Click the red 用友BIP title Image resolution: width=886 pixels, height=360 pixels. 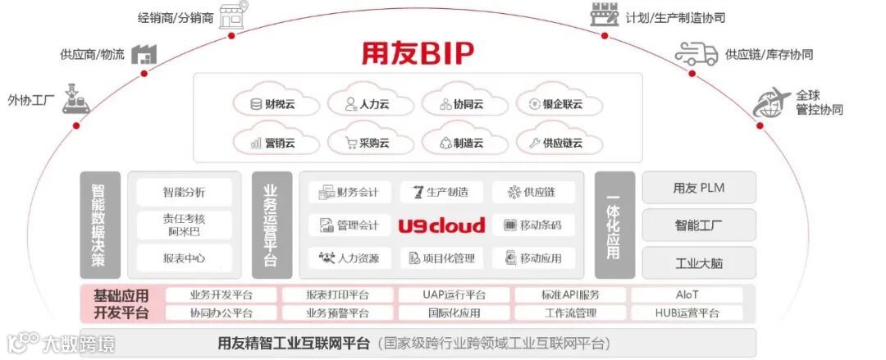coord(418,53)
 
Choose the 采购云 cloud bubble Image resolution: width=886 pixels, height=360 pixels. coord(368,143)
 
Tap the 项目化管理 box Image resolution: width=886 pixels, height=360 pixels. coord(441,258)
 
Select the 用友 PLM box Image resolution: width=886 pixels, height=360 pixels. coord(698,188)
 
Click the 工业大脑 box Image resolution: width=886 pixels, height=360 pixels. coord(698,263)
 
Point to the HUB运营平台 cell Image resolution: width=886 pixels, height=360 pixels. coord(687,313)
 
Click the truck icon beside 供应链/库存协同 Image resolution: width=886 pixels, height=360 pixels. coord(696,54)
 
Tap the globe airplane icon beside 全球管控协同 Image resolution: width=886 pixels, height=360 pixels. coord(771,103)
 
